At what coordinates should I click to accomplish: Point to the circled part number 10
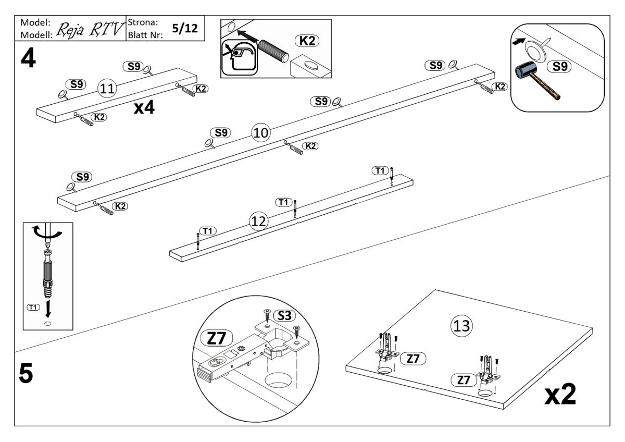(x=260, y=133)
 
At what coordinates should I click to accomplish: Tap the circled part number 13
(x=460, y=326)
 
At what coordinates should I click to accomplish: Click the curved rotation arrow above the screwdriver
(x=47, y=231)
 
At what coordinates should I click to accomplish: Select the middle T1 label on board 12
(x=283, y=202)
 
